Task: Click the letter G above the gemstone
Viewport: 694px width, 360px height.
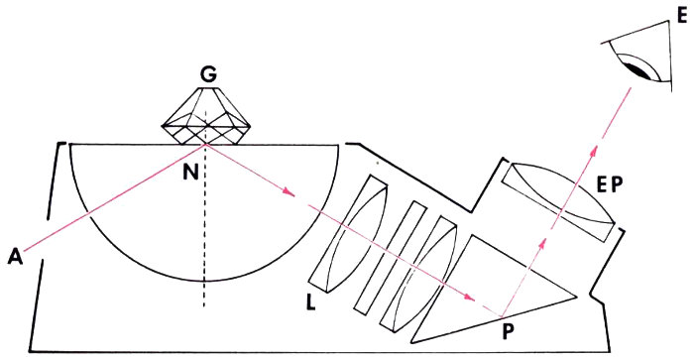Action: [x=208, y=75]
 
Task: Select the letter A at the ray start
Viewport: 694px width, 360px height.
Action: [x=16, y=258]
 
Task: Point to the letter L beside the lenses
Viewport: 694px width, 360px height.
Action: [x=310, y=302]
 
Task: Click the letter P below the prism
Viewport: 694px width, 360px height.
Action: [x=510, y=331]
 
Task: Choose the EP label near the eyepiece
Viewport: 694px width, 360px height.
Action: [x=609, y=185]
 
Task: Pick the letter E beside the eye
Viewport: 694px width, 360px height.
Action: [x=682, y=17]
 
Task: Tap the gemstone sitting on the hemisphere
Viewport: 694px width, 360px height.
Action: [x=206, y=116]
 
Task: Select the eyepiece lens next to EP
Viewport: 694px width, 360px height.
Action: [x=558, y=202]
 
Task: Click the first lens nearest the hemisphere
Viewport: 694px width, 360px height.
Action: [x=349, y=234]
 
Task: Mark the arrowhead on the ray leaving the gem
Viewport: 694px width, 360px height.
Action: [x=289, y=192]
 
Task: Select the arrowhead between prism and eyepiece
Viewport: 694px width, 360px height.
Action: [x=543, y=242]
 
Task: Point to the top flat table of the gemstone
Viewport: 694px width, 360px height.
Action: [x=206, y=87]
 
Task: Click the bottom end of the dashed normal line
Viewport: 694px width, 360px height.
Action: [x=204, y=306]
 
